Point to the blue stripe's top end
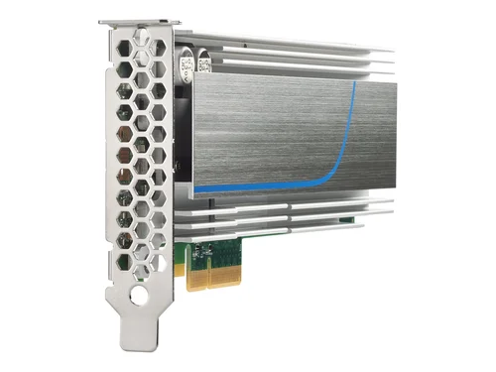click(354, 85)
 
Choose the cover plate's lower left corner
click(193, 194)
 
